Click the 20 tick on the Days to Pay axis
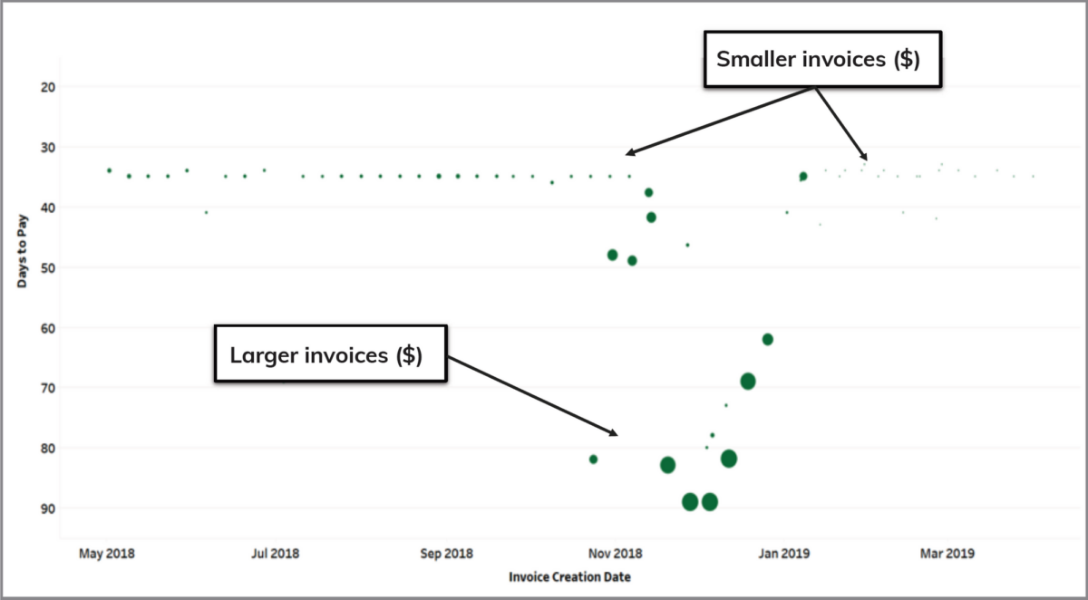[x=73, y=87]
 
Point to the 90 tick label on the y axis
[x=73, y=508]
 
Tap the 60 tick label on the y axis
[x=73, y=328]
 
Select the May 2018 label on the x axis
[x=107, y=553]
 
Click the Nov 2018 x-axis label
[x=616, y=553]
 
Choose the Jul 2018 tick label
[x=273, y=553]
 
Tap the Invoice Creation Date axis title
[x=569, y=576]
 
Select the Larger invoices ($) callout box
[x=330, y=354]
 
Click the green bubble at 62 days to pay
[x=768, y=339]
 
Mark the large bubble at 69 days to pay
[x=748, y=381]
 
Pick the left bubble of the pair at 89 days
[x=690, y=502]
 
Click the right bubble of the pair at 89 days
[x=710, y=502]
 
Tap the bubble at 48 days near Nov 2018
[x=613, y=255]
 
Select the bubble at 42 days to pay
[x=651, y=218]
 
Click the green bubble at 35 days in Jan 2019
[x=802, y=176]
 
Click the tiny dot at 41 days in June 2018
[x=206, y=212]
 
